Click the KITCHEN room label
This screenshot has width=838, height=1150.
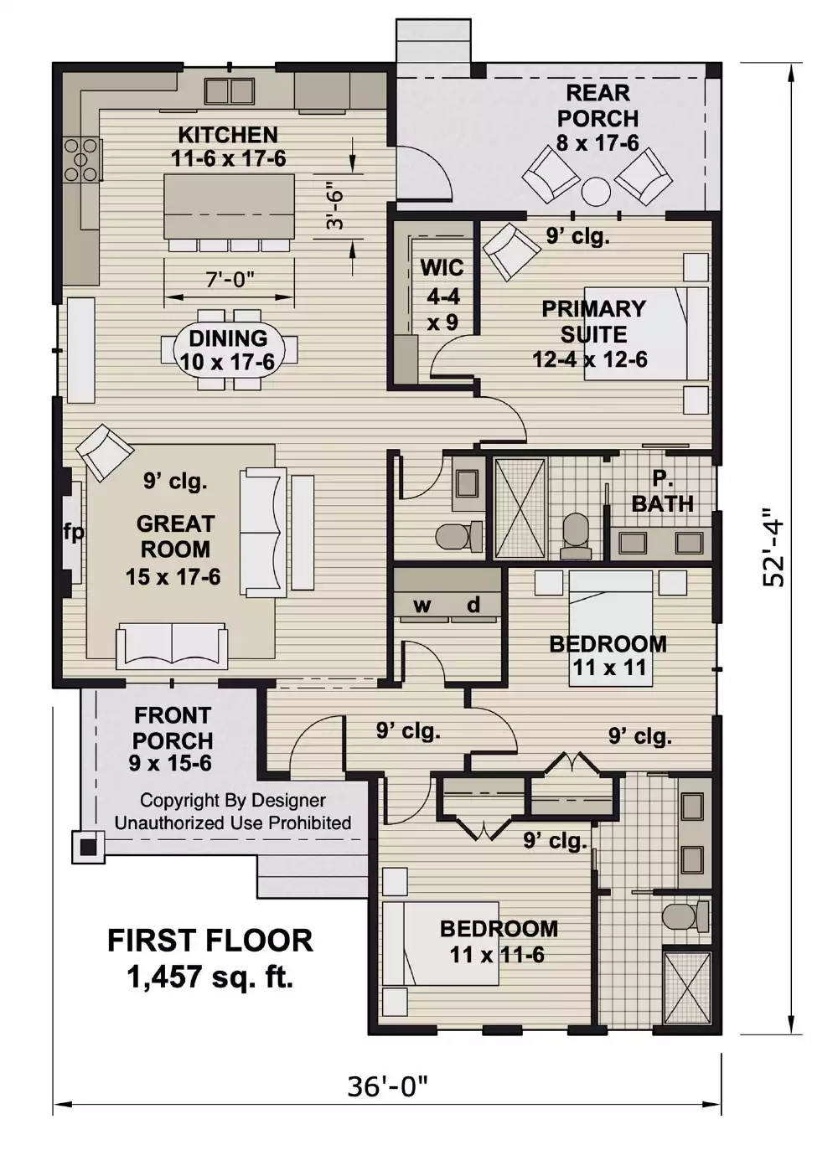[228, 135]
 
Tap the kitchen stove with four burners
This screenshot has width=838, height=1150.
[81, 159]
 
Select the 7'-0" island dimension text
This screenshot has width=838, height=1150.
[230, 279]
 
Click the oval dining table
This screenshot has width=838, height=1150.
[229, 350]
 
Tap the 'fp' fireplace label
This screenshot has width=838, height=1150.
[74, 532]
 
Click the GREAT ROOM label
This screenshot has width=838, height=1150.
[174, 537]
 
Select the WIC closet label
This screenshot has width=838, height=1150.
[442, 268]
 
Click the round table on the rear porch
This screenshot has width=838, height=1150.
[596, 192]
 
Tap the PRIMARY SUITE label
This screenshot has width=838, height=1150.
[593, 322]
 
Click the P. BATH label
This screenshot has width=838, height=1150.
[662, 492]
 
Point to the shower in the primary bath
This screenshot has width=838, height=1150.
[520, 508]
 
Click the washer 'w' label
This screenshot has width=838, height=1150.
[422, 606]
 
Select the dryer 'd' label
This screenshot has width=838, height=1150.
[473, 605]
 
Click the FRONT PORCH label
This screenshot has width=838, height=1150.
[173, 728]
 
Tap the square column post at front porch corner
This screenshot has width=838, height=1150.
[88, 846]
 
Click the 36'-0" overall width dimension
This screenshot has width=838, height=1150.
[387, 1086]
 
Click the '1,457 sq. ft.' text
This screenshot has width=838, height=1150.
[210, 977]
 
